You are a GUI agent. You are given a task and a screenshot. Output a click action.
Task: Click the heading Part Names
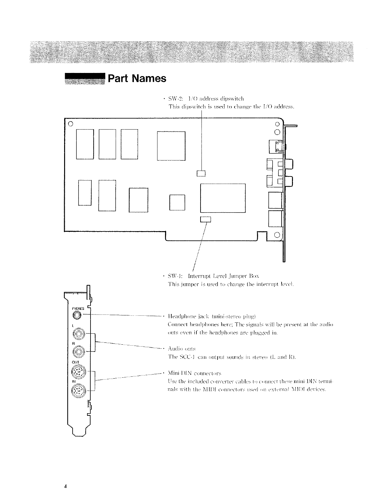137,78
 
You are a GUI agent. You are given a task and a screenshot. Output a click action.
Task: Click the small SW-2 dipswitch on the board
201,173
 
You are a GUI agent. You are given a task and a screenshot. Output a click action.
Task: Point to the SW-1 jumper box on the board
206,219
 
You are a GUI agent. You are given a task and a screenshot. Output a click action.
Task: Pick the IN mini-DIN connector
79,392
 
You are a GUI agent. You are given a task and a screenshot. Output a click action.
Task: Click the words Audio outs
182,349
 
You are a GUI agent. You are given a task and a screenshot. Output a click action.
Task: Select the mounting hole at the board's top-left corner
70,123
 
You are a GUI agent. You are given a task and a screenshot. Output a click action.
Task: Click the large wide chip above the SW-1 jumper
223,198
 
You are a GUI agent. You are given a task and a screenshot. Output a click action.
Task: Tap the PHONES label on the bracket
78,308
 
